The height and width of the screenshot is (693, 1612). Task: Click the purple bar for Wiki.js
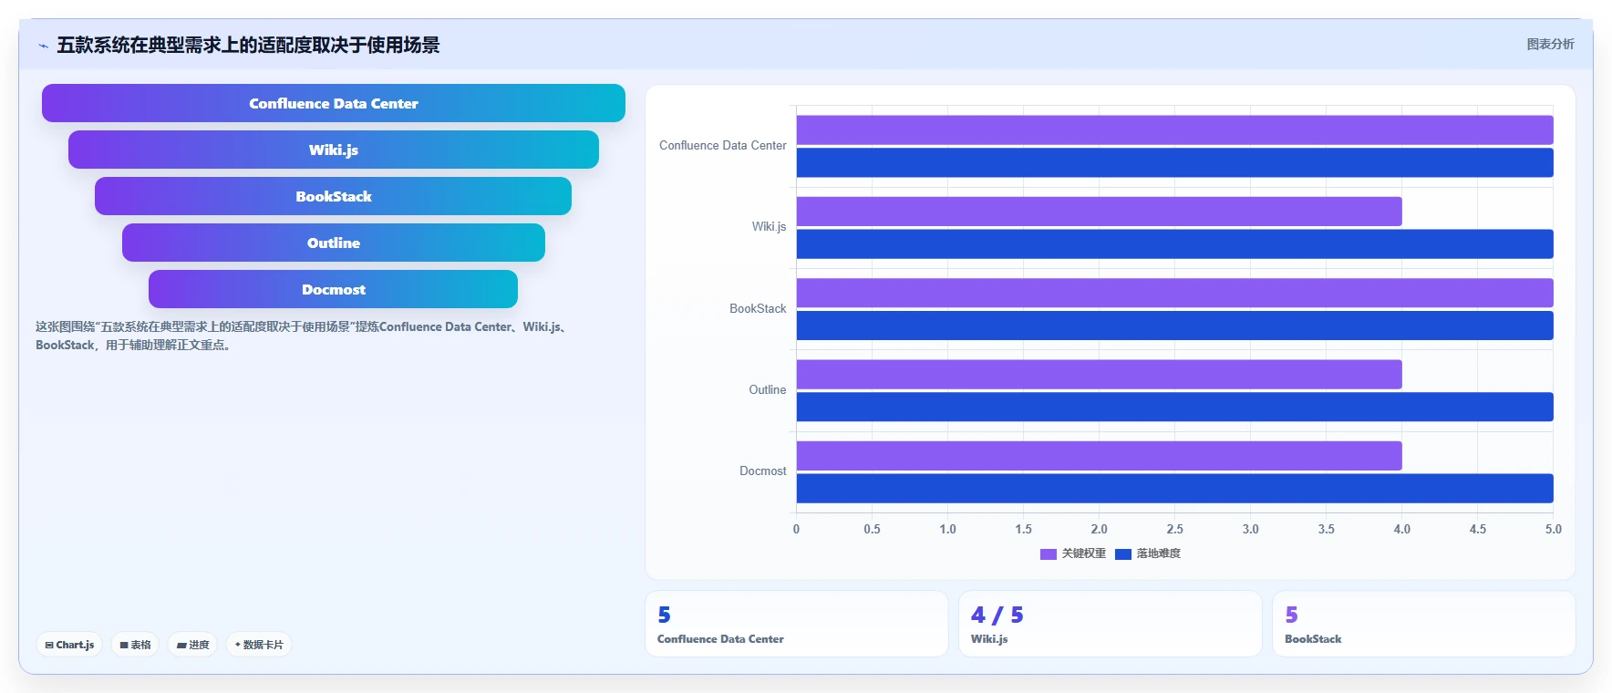click(x=1099, y=212)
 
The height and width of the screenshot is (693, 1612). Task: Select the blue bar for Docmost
click(x=1174, y=489)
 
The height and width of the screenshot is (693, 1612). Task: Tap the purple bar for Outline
click(x=1099, y=375)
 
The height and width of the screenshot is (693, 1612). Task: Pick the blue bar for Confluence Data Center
click(x=1174, y=163)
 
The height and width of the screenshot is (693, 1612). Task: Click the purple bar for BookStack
click(x=1174, y=293)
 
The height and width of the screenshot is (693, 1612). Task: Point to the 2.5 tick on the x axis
click(x=1174, y=529)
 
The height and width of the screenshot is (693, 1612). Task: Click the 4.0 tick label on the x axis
click(x=1401, y=529)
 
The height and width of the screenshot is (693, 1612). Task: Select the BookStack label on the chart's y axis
click(x=758, y=309)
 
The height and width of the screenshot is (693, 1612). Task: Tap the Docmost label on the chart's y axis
click(x=763, y=471)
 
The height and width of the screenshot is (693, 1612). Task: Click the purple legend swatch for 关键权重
click(x=1049, y=554)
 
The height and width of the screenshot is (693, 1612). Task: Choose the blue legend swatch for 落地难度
click(x=1123, y=554)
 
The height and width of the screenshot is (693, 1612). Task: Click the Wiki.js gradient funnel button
click(x=334, y=150)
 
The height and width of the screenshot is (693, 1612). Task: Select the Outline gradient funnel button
click(x=334, y=243)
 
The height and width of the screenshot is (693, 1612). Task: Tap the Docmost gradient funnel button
click(x=334, y=289)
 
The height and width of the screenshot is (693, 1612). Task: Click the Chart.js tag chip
click(x=69, y=645)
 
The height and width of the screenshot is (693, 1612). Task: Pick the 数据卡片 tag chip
click(x=259, y=645)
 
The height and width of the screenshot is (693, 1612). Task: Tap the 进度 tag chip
click(x=192, y=645)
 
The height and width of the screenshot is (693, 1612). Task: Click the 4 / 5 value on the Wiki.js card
click(x=997, y=615)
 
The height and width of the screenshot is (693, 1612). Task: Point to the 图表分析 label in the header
click(x=1551, y=44)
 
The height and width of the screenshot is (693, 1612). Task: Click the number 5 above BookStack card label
click(x=1291, y=615)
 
